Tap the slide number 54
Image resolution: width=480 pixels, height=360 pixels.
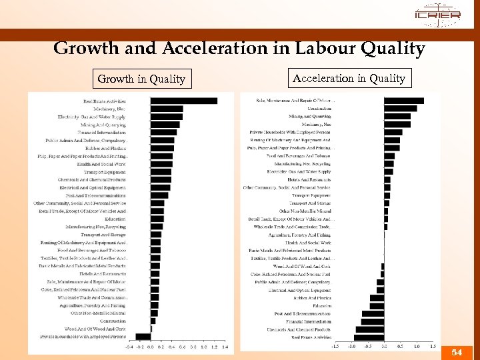456,352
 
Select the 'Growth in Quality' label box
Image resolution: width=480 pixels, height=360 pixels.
141,79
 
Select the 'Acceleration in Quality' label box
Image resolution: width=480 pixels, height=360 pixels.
349,78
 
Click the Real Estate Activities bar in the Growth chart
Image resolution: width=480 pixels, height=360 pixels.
183,101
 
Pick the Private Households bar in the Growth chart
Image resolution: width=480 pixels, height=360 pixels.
143,337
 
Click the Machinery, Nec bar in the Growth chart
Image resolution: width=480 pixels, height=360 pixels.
167,109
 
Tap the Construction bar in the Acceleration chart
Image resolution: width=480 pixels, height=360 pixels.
400,108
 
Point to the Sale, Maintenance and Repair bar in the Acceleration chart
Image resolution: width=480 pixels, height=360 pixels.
403,101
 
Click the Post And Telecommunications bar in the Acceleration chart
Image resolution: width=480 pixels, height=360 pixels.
373,313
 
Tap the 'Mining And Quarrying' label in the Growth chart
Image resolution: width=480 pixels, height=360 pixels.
103,125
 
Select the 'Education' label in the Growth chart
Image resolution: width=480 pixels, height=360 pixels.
115,219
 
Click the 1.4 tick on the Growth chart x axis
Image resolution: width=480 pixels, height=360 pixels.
225,347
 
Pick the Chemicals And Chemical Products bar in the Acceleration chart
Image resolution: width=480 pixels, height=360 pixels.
370,329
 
